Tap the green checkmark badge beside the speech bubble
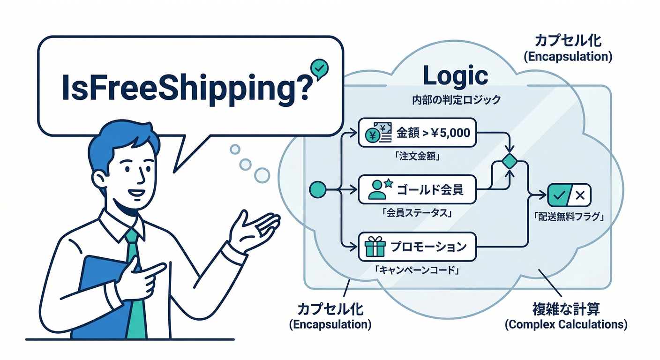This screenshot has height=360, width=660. [319, 68]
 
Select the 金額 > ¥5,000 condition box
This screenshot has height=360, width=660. [417, 133]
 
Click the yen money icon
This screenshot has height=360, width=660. [378, 133]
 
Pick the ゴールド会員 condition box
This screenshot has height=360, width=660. [417, 189]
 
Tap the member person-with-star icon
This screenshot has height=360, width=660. [380, 189]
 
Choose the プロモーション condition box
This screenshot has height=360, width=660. [417, 247]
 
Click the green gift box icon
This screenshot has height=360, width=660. [375, 246]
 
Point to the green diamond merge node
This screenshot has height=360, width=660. [510, 161]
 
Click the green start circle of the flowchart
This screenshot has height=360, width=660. [318, 189]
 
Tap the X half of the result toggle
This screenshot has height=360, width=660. [580, 195]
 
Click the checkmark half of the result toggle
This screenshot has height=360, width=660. [559, 195]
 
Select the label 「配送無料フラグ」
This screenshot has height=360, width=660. [569, 217]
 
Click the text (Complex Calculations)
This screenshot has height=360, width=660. [566, 325]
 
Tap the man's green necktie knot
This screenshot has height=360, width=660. [131, 236]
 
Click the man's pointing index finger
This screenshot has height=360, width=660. [153, 269]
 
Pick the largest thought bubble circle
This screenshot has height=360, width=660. [262, 176]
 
